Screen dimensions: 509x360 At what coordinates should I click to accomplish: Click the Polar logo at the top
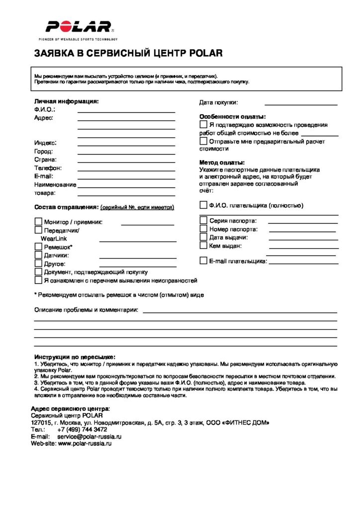point(79,27)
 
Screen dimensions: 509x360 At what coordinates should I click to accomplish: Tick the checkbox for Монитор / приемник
point(38,222)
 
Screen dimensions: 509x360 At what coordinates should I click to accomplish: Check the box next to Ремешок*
point(38,247)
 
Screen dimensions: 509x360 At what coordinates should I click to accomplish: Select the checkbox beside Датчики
point(38,255)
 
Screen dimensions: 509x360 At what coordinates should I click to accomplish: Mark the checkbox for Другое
point(38,263)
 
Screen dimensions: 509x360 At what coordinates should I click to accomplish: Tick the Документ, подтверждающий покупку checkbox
point(38,272)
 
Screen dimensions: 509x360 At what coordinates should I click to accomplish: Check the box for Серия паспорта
point(203,220)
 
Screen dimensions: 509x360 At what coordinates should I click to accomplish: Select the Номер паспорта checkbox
point(203,229)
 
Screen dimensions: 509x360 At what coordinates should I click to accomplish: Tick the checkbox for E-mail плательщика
point(203,260)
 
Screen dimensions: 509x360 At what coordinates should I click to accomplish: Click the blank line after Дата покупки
point(301,104)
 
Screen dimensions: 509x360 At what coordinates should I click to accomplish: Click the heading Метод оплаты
point(222,163)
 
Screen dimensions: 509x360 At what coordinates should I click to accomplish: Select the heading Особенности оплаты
point(233,117)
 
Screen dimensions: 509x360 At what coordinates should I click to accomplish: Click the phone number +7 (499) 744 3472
point(82,429)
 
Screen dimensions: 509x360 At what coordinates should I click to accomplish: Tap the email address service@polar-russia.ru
point(90,436)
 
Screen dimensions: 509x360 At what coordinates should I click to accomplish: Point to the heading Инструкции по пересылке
point(75,357)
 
